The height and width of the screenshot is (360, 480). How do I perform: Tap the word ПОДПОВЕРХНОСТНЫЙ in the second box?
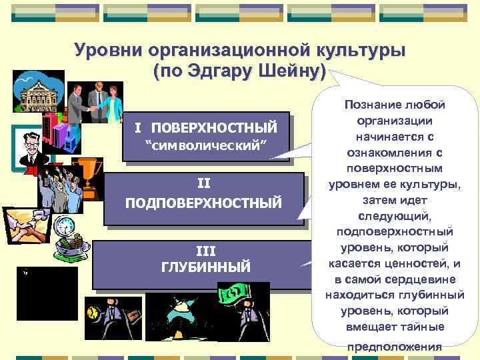(204, 202)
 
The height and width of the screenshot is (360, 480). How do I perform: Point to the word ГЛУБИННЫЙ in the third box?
(206, 267)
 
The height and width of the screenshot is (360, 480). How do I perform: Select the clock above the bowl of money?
(65, 227)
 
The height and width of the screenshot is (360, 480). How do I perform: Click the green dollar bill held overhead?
(236, 293)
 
